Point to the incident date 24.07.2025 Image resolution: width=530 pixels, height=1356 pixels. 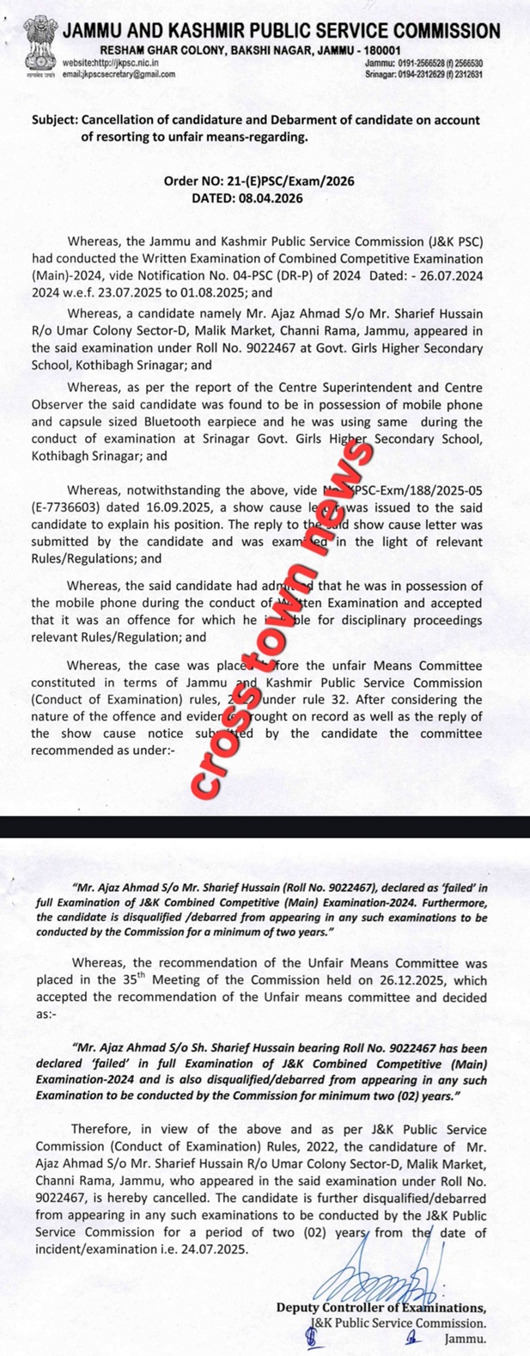tap(210, 1249)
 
